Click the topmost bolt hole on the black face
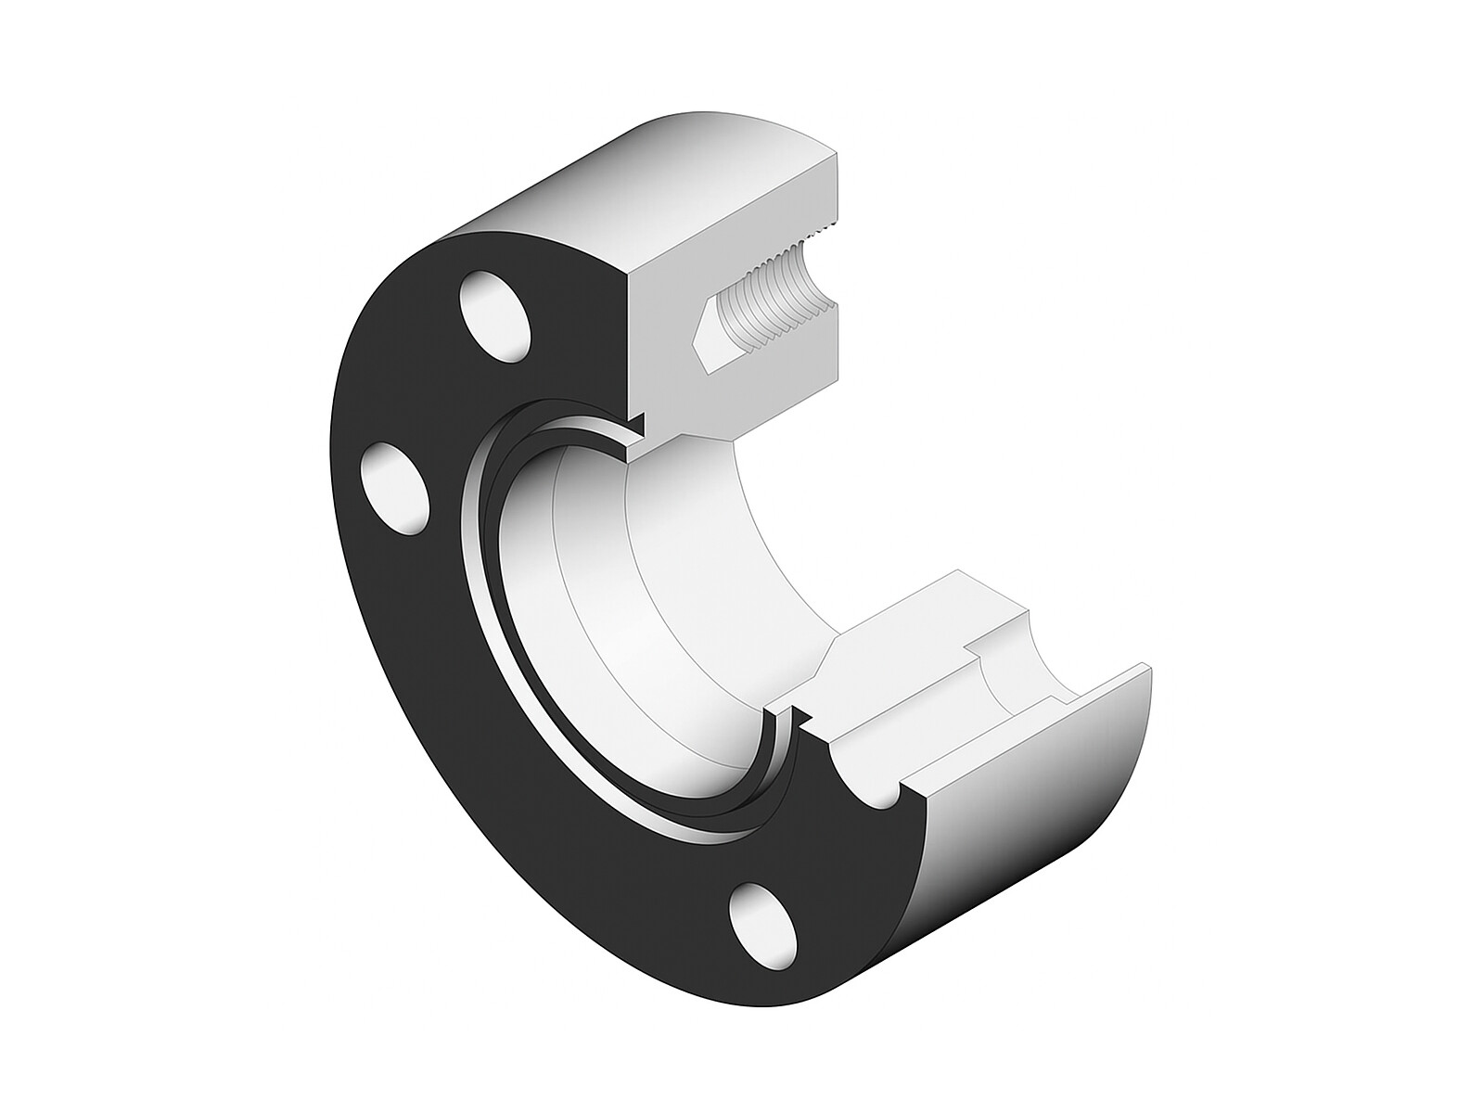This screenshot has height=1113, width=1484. point(495,315)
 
